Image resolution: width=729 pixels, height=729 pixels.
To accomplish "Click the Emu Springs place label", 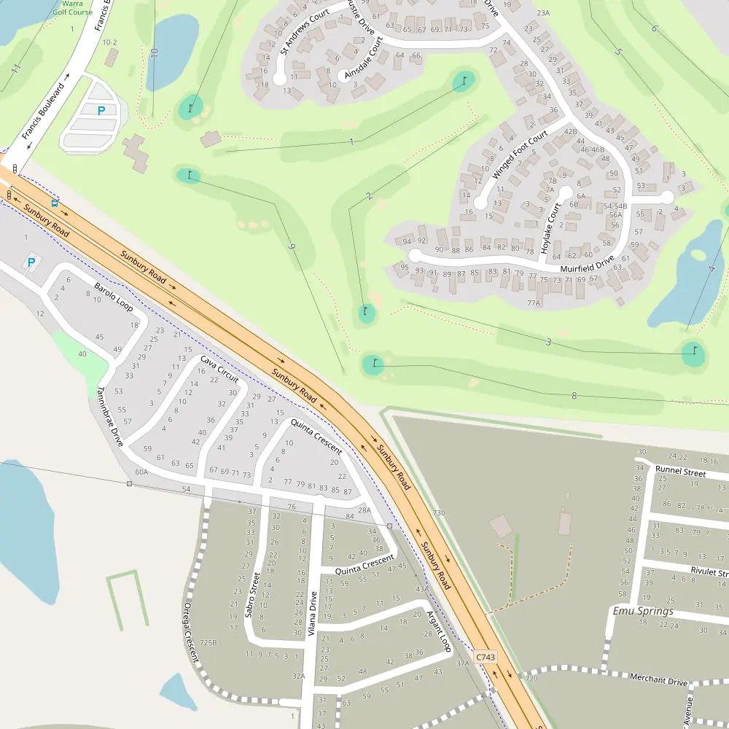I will pyautogui.click(x=643, y=611).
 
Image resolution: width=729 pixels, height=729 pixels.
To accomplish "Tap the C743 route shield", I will pyautogui.click(x=486, y=657).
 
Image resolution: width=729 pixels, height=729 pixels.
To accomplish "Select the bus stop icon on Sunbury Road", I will pyautogui.click(x=55, y=202).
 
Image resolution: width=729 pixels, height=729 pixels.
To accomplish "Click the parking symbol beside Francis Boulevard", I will pyautogui.click(x=101, y=111).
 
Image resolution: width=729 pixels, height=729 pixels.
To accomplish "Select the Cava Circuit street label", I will pyautogui.click(x=219, y=370).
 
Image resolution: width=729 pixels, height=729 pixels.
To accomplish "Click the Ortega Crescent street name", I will pyautogui.click(x=191, y=631).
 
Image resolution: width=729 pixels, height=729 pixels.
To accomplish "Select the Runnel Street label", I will pyautogui.click(x=680, y=472).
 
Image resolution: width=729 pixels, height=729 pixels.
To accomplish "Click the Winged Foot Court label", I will pyautogui.click(x=520, y=155).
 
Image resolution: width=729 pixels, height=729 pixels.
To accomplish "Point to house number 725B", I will pyautogui.click(x=208, y=643).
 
